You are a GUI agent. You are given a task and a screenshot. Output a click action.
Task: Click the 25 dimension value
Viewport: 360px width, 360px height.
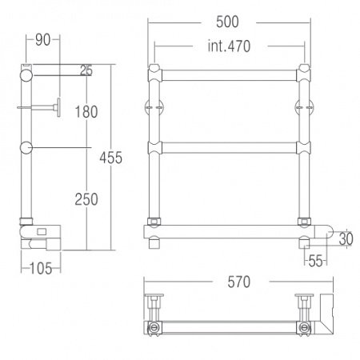pyautogui.click(x=86, y=72)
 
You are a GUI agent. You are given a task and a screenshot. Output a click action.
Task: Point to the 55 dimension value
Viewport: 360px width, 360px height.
pyautogui.click(x=314, y=260)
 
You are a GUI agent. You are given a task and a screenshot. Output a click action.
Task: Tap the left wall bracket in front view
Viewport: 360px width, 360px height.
pyautogui.click(x=153, y=107)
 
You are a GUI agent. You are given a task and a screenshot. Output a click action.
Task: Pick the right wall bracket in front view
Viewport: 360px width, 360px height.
pyautogui.click(x=306, y=107)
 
